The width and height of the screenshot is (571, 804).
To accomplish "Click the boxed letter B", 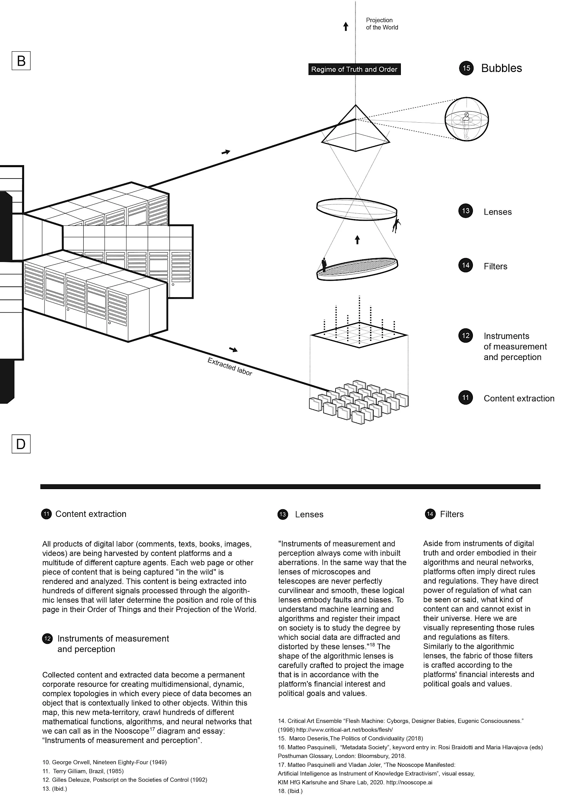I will [x=21, y=61].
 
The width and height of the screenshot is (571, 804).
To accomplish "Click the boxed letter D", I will [x=21, y=444].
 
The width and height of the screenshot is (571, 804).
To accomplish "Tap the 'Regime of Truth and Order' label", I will [x=354, y=69].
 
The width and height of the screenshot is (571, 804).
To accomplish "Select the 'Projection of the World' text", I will [x=381, y=24].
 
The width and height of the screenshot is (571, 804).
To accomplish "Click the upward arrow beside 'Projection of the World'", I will [x=346, y=26].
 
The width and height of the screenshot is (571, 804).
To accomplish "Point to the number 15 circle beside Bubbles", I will [x=466, y=68].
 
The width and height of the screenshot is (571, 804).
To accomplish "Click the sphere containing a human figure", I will [x=467, y=119].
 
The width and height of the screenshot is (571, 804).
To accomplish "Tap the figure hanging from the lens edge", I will [x=397, y=225].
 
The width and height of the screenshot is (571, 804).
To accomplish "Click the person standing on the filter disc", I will [x=324, y=265].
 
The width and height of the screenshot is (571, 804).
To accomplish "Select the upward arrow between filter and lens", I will [x=357, y=240].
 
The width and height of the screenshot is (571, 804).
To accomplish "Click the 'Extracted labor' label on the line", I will [x=230, y=367].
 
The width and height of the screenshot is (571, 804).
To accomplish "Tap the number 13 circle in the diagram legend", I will [x=466, y=211].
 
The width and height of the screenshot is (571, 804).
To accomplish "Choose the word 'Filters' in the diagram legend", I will [x=495, y=266].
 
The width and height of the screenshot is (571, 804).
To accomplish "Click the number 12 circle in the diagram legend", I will [x=466, y=336].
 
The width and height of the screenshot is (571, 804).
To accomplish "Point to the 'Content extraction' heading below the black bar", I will [x=91, y=514].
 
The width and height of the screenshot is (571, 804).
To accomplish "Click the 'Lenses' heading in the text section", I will [x=309, y=514].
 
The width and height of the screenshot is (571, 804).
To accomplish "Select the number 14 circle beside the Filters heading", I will [x=430, y=514].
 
